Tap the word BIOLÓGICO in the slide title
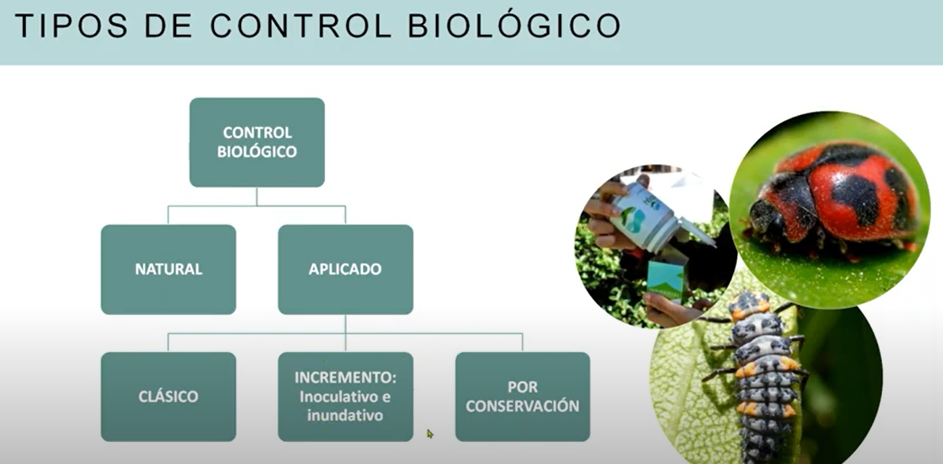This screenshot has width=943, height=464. [514, 25]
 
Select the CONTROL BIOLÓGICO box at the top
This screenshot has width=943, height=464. [257, 142]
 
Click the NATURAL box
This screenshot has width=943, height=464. [168, 269]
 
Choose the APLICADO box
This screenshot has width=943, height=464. [346, 269]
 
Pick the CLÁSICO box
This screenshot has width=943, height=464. [168, 397]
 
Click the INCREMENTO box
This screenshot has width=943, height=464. [346, 397]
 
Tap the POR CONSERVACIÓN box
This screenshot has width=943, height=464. [523, 397]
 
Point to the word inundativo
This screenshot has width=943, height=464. [346, 416]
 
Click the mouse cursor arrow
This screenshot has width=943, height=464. [430, 433]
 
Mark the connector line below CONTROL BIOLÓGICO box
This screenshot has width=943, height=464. [257, 197]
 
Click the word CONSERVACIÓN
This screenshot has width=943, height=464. [523, 406]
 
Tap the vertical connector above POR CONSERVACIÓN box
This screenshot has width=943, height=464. [523, 343]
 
